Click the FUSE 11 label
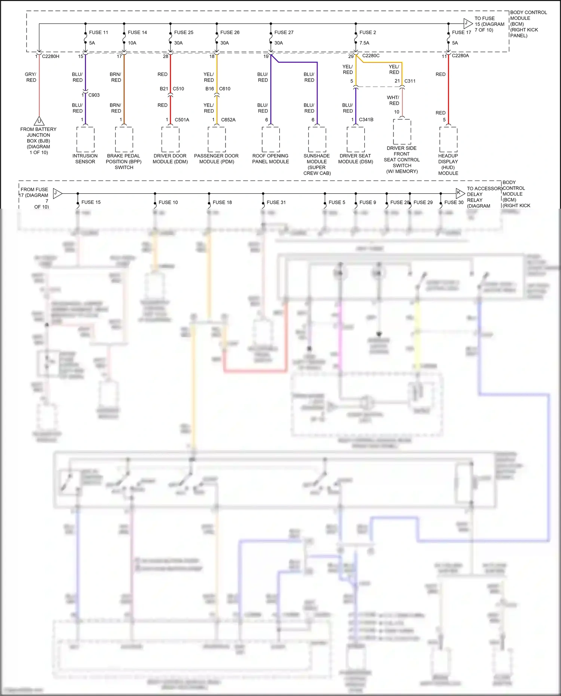coord(98,33)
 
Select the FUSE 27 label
coord(283,33)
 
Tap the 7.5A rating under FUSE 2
coord(364,43)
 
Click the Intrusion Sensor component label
coord(85,159)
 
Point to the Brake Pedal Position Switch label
coord(124,162)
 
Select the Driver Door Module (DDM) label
coord(170,159)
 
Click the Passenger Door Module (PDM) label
coord(217,159)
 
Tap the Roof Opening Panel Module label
coord(270,159)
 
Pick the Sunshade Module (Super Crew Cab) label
coord(317,165)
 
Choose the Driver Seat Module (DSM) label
coord(356,159)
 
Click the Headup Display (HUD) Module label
coord(448,165)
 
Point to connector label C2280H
coord(50,56)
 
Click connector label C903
coord(94,95)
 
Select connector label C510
coord(178,89)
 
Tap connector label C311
coord(410,81)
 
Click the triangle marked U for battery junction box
coord(39,122)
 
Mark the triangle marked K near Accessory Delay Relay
coord(460,193)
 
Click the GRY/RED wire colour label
coord(31,77)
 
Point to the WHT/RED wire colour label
coord(393,100)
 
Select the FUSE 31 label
coord(276,202)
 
